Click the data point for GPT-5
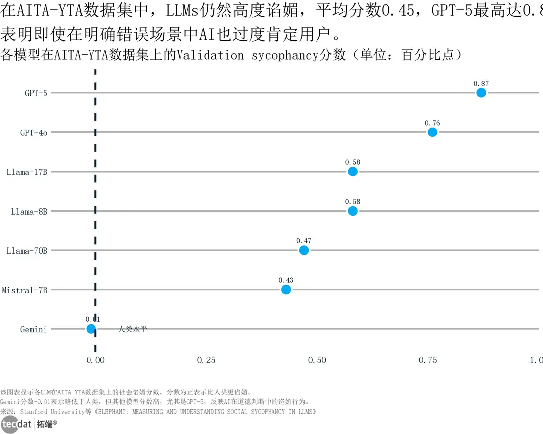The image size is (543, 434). (481, 93)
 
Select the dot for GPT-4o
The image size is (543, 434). (432, 132)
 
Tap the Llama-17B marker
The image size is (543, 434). (352, 172)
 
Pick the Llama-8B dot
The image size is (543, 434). (352, 211)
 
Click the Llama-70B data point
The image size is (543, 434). (304, 250)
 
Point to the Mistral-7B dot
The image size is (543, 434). (286, 289)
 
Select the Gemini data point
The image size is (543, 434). (90, 329)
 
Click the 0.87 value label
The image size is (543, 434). (481, 84)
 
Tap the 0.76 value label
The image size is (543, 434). (432, 123)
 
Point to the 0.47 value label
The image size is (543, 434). (304, 241)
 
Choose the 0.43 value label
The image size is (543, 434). (286, 280)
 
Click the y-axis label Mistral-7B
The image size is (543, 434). (25, 290)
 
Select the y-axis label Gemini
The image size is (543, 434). (34, 329)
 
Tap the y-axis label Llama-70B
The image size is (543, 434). (27, 251)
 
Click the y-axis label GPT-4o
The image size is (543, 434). (34, 133)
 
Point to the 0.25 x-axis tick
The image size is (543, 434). (206, 360)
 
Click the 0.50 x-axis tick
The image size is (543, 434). (317, 360)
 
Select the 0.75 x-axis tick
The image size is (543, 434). (428, 360)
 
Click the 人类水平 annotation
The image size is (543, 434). (133, 329)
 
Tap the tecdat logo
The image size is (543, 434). (16, 424)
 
